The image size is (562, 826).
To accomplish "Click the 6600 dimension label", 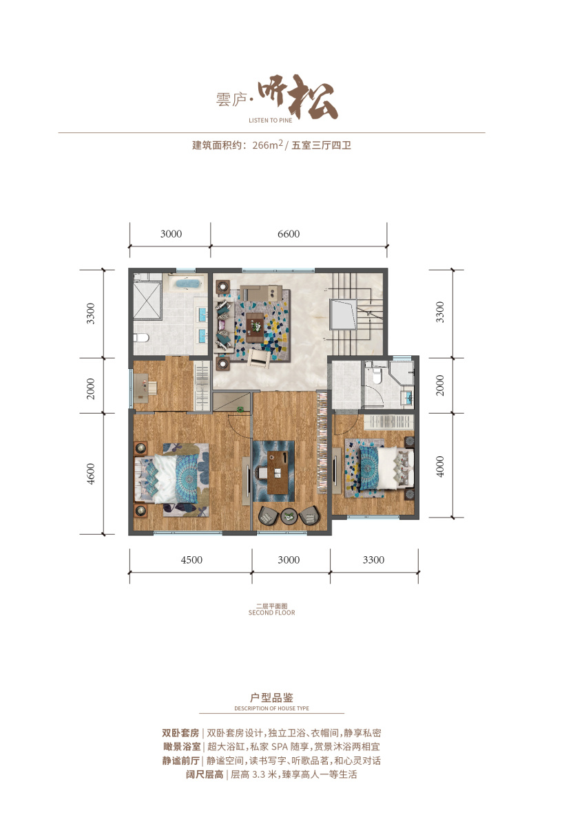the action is coord(289,234).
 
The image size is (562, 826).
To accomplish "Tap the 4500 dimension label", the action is coord(191,560).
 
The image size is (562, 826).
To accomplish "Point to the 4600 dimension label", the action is coord(90,474).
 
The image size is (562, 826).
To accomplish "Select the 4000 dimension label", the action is coord(440,467).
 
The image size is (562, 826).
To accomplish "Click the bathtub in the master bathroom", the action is coord(183,284).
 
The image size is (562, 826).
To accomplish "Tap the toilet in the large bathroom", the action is coord(140,337).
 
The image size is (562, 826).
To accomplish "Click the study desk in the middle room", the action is coord(278,472).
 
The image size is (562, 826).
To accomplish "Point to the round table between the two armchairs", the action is coord(289,516).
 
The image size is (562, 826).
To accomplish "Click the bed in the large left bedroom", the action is coord(171,478).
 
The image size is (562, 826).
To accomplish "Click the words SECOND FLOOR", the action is coord(271,613).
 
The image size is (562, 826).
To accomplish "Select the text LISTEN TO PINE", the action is coord(271,120).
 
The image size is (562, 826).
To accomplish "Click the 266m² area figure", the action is coord(267,145).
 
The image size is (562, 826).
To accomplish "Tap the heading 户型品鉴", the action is coord(271,698).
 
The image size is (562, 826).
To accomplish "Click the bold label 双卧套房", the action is coord(180,732).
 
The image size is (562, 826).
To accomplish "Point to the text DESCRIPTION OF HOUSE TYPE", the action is coord(271,708).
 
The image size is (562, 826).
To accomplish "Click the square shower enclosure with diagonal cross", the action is coord(147,300).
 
